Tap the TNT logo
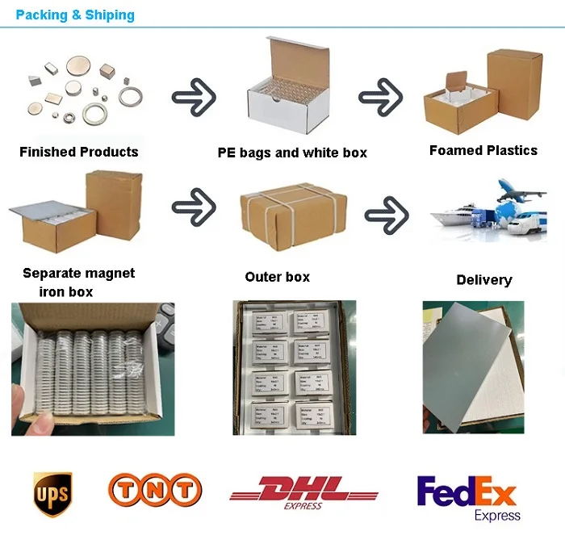(x=155, y=490)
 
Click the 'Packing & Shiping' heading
(x=75, y=15)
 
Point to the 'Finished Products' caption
(x=78, y=152)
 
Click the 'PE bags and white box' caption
(x=292, y=153)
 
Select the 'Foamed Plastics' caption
(x=483, y=150)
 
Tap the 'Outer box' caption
(x=277, y=277)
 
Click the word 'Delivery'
(x=483, y=280)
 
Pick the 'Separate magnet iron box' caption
(x=78, y=282)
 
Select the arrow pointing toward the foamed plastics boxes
(x=380, y=98)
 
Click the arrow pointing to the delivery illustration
(x=387, y=215)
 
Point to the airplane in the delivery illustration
(x=516, y=192)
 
